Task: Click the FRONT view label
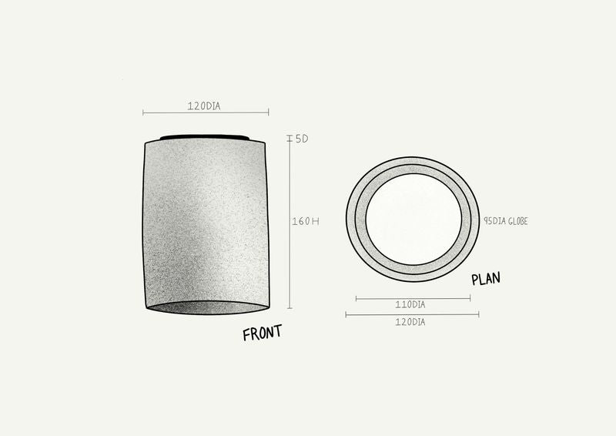tap(262, 333)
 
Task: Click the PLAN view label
tap(486, 278)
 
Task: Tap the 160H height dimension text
tap(305, 221)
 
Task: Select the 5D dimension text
tap(302, 139)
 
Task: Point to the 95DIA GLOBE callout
tap(506, 221)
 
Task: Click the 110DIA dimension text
tap(410, 305)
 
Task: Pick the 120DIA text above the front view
tap(204, 106)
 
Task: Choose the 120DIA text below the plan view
tap(410, 322)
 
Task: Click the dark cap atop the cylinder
tap(204, 137)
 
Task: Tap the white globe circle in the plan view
tap(413, 219)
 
